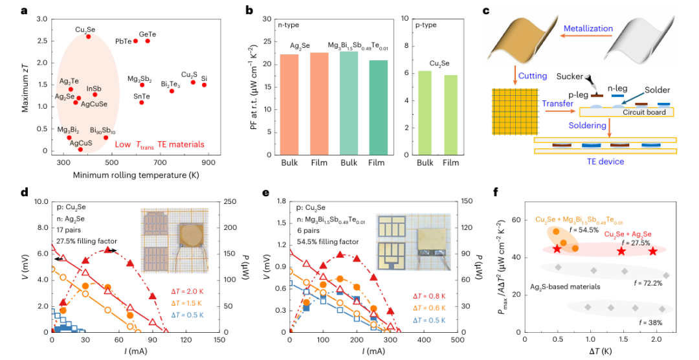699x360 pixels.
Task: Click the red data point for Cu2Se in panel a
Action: pyautogui.click(x=89, y=36)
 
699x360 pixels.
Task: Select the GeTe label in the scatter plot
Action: pyautogui.click(x=148, y=33)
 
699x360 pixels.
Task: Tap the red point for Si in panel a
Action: pyautogui.click(x=204, y=85)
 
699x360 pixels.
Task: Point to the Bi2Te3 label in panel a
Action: pyautogui.click(x=171, y=84)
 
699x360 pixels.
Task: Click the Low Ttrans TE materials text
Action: pyautogui.click(x=159, y=144)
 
